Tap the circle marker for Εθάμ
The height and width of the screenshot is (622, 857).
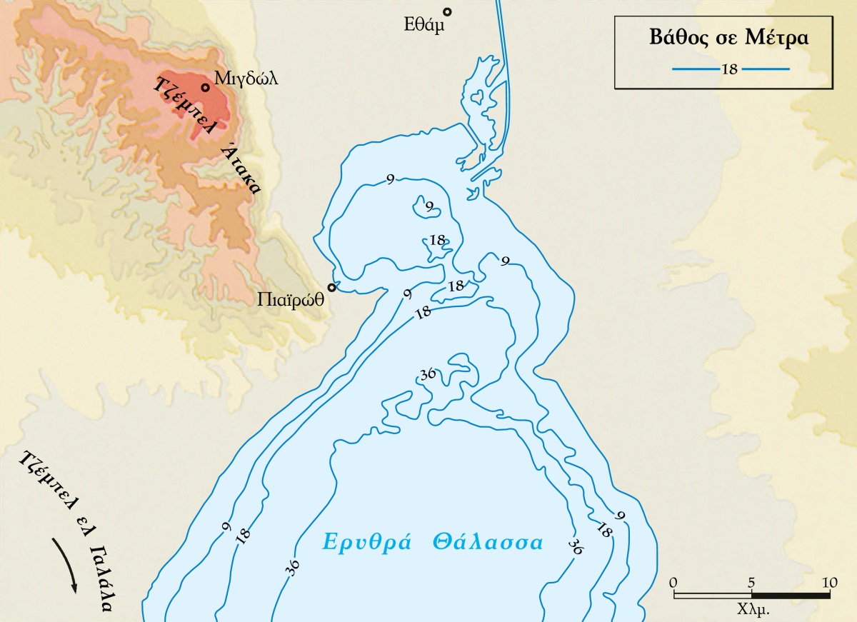[x=448, y=11]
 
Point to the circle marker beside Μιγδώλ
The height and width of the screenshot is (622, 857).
[x=205, y=88]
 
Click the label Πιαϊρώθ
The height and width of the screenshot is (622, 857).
[x=291, y=301]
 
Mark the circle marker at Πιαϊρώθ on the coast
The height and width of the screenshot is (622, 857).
[x=331, y=288]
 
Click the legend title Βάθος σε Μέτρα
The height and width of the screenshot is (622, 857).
[x=728, y=38]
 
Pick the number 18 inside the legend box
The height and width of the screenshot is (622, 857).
[x=729, y=69]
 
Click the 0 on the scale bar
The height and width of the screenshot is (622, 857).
[x=674, y=582]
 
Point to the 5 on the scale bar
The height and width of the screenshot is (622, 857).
[x=751, y=582]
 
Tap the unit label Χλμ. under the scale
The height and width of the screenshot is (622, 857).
[x=752, y=611]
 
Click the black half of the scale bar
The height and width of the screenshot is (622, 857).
[x=790, y=595]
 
